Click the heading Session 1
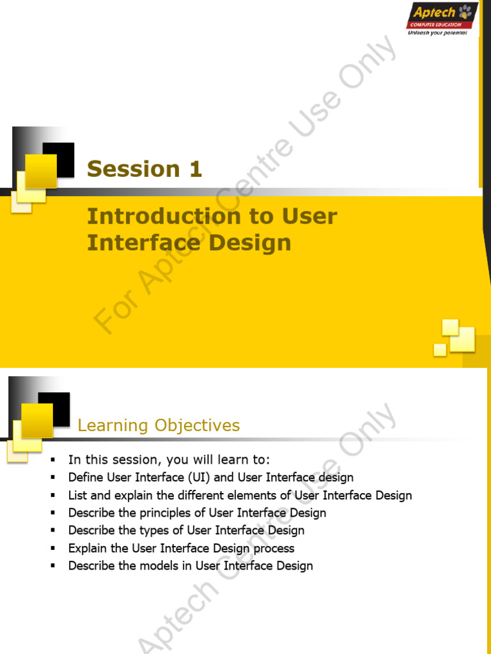click(144, 169)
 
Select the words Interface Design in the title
click(189, 243)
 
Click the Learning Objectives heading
click(159, 426)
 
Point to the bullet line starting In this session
click(169, 460)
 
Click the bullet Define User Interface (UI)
click(210, 478)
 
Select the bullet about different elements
click(240, 496)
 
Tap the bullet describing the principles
click(197, 513)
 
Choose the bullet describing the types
click(186, 530)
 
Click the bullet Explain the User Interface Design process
click(181, 548)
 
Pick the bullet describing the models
click(191, 566)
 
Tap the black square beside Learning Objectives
click(54, 409)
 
